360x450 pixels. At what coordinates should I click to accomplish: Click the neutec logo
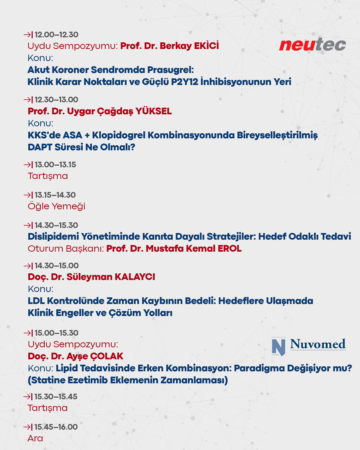tap(312, 44)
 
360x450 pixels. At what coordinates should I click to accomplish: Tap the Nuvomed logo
tap(309, 346)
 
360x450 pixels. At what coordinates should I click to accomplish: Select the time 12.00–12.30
tap(56, 35)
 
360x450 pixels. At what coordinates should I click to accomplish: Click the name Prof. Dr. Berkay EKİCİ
tap(169, 46)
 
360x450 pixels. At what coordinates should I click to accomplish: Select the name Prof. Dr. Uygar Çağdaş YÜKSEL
tap(100, 111)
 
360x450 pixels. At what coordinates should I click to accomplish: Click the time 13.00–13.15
tap(55, 165)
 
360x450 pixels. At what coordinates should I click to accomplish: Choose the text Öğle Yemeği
tap(56, 206)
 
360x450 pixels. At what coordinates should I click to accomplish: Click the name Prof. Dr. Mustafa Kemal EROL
tap(174, 249)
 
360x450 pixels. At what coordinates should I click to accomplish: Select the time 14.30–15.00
tap(57, 266)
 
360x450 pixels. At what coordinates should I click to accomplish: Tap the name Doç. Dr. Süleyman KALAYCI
tap(91, 277)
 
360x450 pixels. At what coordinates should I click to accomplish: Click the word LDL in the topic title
tap(36, 301)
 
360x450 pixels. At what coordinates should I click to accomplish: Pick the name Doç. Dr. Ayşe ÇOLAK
tap(75, 356)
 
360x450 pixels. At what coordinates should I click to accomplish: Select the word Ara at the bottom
tap(35, 438)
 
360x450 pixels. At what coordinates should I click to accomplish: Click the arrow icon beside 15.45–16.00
tap(28, 427)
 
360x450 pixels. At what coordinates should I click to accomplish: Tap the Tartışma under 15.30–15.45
tap(48, 408)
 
